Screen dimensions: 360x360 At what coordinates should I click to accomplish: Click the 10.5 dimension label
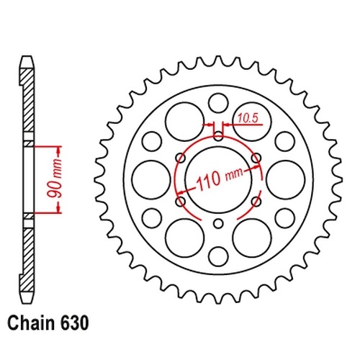pyautogui.click(x=248, y=119)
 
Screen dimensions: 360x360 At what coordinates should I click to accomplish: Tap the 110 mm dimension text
pyautogui.click(x=219, y=179)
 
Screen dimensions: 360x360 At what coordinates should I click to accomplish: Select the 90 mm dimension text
pyautogui.click(x=55, y=179)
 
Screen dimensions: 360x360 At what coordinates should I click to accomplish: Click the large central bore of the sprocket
pyautogui.click(x=219, y=179)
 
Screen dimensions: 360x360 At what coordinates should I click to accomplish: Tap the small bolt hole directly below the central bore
pyautogui.click(x=218, y=224)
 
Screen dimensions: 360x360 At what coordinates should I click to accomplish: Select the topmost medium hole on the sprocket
pyautogui.click(x=218, y=103)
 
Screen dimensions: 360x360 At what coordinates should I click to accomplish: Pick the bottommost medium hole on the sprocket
pyautogui.click(x=218, y=256)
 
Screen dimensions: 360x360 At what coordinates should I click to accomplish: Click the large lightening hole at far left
pyautogui.click(x=151, y=180)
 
